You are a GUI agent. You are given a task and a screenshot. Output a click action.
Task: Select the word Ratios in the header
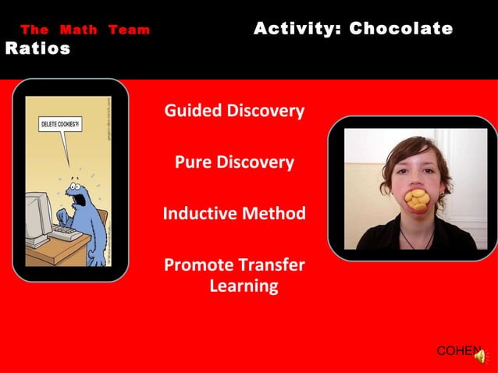[x=37, y=49]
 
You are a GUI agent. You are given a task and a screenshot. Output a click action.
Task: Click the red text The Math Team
[x=85, y=30]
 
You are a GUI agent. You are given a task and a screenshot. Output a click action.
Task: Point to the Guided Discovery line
[x=234, y=111]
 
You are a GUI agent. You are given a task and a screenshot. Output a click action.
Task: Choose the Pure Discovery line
[x=234, y=163]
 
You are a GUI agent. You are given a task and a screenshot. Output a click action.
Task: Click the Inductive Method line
[x=234, y=213]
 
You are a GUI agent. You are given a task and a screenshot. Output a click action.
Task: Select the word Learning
[x=244, y=286]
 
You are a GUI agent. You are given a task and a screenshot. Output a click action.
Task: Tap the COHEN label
[x=457, y=351]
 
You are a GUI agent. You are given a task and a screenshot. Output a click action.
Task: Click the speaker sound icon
[x=479, y=356]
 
